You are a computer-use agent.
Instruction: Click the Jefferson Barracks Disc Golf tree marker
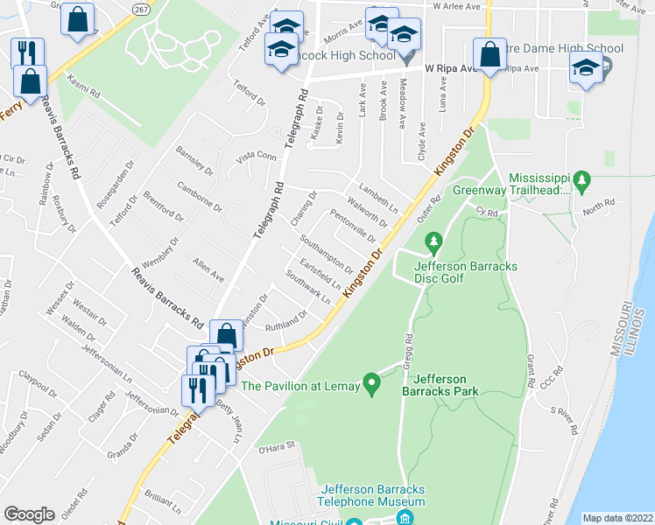click(432, 241)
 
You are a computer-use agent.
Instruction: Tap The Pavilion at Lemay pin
click(371, 383)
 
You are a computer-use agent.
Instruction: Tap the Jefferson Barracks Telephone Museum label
click(373, 495)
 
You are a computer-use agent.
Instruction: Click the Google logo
click(29, 514)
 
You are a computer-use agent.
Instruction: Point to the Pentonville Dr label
click(353, 226)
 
